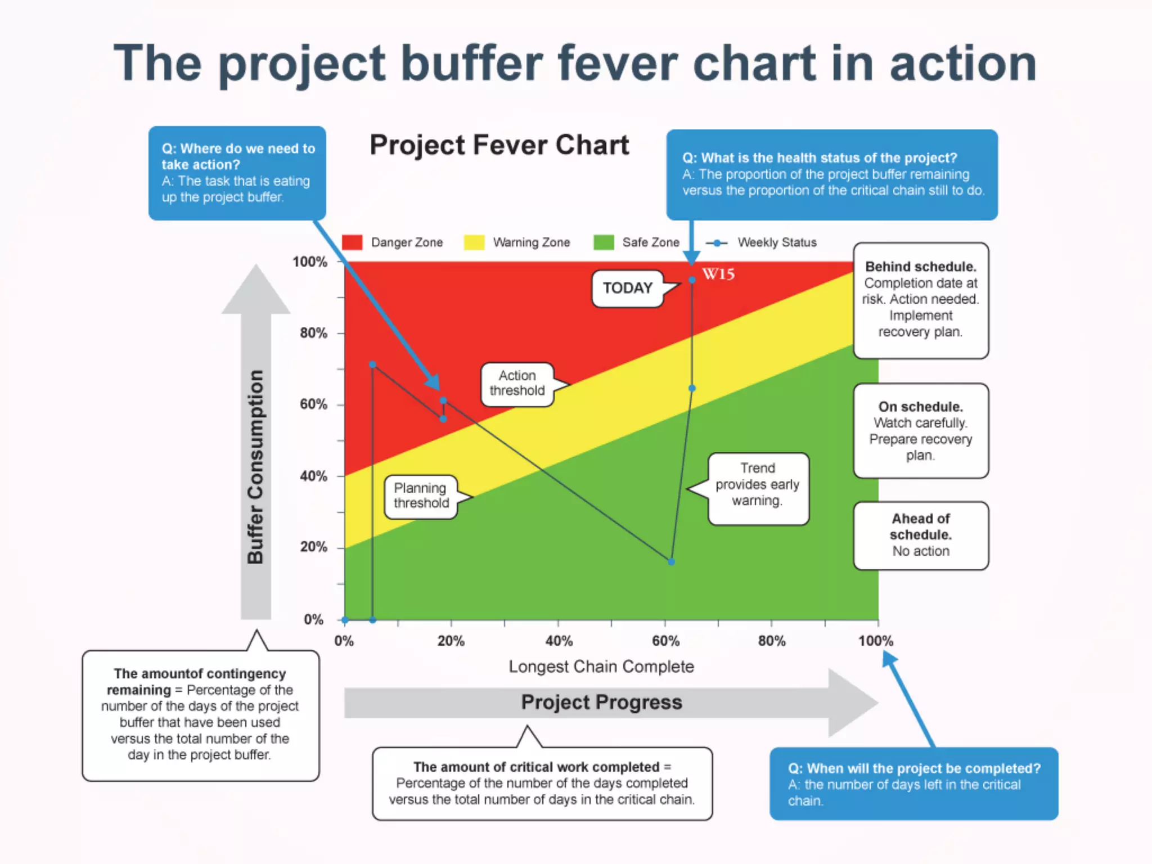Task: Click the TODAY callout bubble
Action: (x=628, y=289)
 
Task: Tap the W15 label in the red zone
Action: (x=718, y=274)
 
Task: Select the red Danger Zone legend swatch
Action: (x=352, y=242)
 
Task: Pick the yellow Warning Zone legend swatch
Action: (x=474, y=242)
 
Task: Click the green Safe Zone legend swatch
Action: (x=604, y=242)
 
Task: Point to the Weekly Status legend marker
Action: (x=717, y=243)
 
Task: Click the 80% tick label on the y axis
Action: (x=313, y=333)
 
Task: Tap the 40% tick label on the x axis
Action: (x=559, y=641)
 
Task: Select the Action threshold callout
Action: (x=517, y=384)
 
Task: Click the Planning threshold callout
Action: (x=421, y=496)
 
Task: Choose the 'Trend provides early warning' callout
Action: (x=757, y=485)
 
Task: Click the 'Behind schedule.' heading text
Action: (x=920, y=267)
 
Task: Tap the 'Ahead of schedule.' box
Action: (x=920, y=535)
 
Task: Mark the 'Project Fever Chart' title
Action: (x=499, y=146)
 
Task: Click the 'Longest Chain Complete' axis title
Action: (x=601, y=667)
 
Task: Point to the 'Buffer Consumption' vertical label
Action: (x=255, y=467)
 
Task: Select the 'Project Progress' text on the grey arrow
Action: (x=601, y=703)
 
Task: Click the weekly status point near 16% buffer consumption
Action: (x=671, y=561)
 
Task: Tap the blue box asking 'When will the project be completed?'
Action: (x=913, y=784)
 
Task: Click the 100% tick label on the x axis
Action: (x=875, y=641)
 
